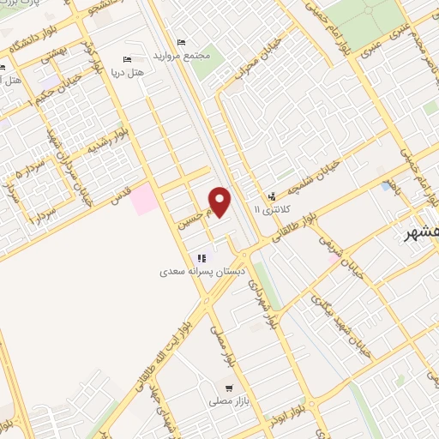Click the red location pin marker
coord(220,201)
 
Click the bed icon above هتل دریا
coord(126,59)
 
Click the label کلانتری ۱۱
coord(273,209)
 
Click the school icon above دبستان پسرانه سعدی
coord(201,258)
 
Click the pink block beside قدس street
coord(144,199)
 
